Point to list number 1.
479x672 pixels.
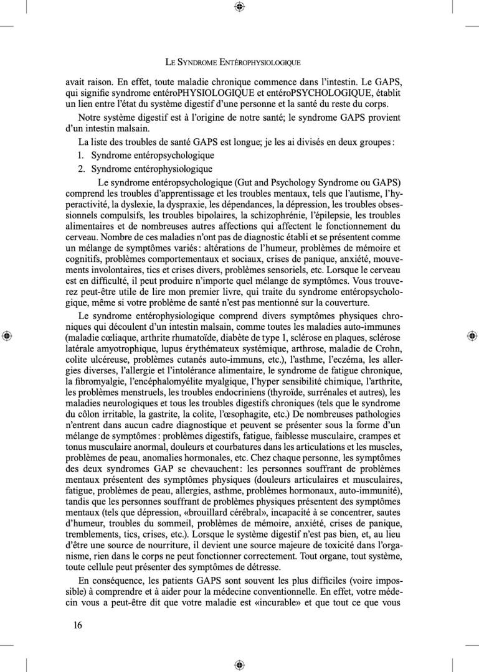[82, 155]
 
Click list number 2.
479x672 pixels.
[82, 169]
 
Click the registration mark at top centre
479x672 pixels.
[240, 7]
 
